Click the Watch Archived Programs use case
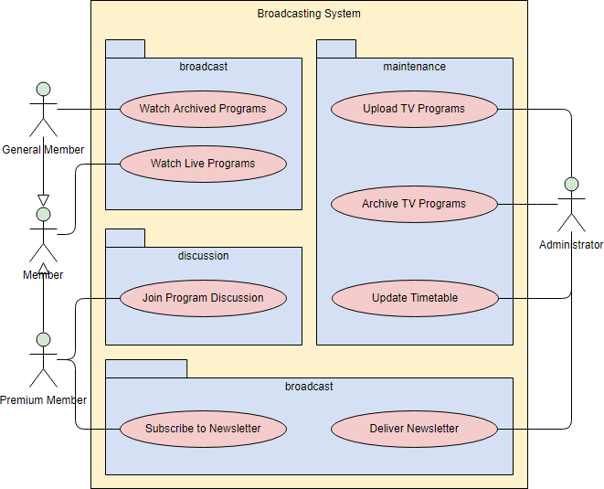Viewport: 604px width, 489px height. (x=203, y=109)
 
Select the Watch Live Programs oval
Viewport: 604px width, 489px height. (x=203, y=165)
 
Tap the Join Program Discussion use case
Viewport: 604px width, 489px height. (x=203, y=298)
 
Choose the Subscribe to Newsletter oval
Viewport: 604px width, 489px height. (x=203, y=429)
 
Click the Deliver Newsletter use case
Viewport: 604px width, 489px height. (x=414, y=429)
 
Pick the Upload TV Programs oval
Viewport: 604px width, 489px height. (x=414, y=109)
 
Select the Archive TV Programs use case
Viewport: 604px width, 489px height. (x=414, y=204)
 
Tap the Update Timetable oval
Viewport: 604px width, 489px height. (x=414, y=298)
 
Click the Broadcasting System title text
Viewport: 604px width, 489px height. (x=309, y=14)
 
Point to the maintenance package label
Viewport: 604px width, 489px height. (x=414, y=67)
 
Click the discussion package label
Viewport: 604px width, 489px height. (x=203, y=256)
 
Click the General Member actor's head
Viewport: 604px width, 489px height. (x=43, y=89)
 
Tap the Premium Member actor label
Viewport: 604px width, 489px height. (x=43, y=400)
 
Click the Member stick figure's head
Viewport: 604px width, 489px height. (x=43, y=215)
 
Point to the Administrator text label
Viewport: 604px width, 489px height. (x=571, y=245)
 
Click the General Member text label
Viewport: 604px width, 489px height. (x=43, y=150)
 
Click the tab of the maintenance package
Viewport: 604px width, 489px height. (x=335, y=49)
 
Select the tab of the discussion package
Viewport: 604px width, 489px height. (x=125, y=238)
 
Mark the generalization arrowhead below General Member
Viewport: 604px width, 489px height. (x=43, y=200)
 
